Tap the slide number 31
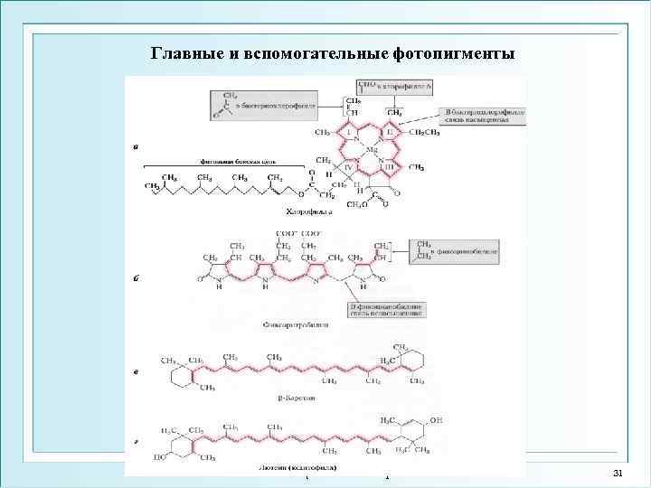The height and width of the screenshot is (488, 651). click(x=618, y=474)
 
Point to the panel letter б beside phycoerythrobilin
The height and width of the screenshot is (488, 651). click(x=135, y=278)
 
